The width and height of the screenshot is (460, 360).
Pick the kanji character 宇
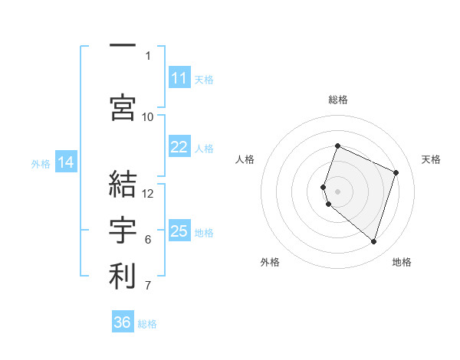[x=123, y=229]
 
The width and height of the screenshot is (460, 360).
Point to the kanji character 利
[x=123, y=276]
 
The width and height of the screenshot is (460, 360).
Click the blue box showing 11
[x=179, y=78]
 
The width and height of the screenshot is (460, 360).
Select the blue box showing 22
[x=179, y=147]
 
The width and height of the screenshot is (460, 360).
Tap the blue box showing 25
[x=179, y=231]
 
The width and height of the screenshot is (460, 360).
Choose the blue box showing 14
[x=66, y=162]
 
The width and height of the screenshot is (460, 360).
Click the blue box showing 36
[x=123, y=322]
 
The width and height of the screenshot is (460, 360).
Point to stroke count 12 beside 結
[x=148, y=193]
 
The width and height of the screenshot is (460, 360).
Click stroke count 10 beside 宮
[x=148, y=116]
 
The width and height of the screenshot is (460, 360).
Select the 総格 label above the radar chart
[x=338, y=100]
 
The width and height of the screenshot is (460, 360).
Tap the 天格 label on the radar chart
[x=431, y=159]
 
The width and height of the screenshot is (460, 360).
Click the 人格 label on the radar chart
[x=245, y=159]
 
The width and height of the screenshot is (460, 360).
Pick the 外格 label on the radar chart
[x=270, y=262]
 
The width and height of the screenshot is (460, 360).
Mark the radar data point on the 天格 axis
[x=396, y=172]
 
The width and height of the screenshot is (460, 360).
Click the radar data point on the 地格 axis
[x=373, y=242]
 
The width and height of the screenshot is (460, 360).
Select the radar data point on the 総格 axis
[x=337, y=146]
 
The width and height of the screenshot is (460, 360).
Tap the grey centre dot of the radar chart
[x=337, y=191]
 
